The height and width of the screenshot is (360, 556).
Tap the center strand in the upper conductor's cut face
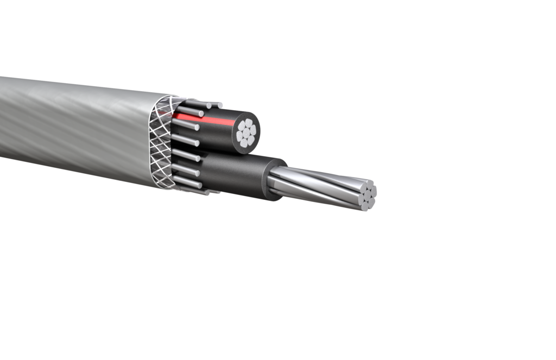pos(247,132)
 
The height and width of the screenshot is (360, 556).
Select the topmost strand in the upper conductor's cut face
pos(249,123)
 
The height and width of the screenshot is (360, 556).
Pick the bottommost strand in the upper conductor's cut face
pos(244,143)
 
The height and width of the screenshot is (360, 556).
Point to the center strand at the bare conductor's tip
pos(368,195)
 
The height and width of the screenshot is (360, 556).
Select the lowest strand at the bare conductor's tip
pos(365,207)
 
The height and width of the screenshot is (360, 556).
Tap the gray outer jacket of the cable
pos(81,125)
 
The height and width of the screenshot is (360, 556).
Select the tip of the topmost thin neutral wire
pos(220,105)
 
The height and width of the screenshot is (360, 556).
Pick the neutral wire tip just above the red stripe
pos(201,113)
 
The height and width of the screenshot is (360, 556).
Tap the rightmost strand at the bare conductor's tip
pos(374,191)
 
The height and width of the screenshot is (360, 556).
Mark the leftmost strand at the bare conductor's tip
pos(361,200)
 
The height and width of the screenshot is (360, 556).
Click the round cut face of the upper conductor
pos(247,133)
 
